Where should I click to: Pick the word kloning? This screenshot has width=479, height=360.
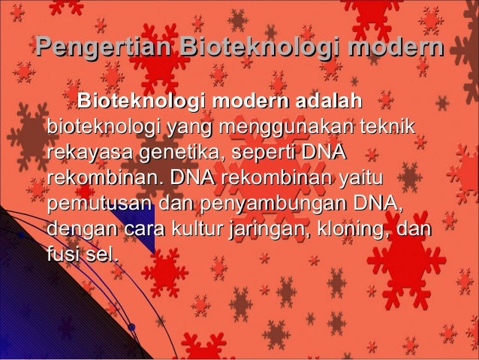pos(351,229)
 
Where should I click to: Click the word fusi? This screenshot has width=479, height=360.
pos(62,255)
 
